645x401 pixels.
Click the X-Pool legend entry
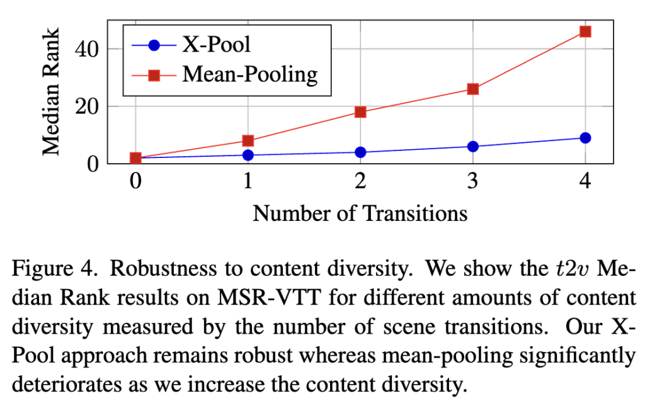(x=214, y=45)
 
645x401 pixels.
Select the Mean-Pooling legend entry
(x=249, y=74)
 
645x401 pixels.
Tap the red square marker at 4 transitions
(x=585, y=31)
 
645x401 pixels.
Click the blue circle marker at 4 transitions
(x=585, y=138)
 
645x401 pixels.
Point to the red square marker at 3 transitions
(x=473, y=89)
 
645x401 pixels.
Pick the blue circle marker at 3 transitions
(x=473, y=146)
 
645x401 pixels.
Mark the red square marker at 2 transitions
(x=360, y=112)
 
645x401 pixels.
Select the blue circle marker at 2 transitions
(x=360, y=152)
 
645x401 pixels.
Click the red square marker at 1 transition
(x=248, y=140)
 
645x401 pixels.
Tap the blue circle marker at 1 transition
(x=248, y=155)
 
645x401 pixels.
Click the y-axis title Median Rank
(x=52, y=91)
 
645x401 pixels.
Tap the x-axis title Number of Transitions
(x=360, y=213)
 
